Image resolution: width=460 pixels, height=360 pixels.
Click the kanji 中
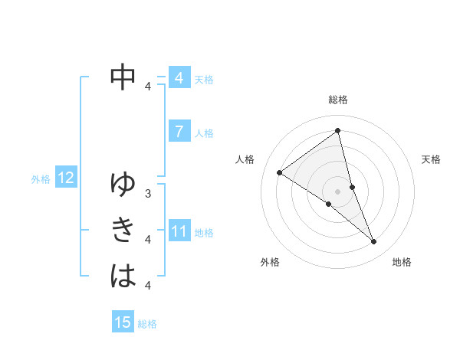click(x=123, y=76)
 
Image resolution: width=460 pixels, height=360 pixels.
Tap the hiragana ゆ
click(x=123, y=185)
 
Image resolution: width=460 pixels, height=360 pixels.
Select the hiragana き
click(x=123, y=230)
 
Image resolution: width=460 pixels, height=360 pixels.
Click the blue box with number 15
click(x=123, y=322)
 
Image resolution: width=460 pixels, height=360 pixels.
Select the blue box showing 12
click(x=66, y=178)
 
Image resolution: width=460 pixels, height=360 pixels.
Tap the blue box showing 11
click(x=179, y=231)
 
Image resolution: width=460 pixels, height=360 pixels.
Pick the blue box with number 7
click(x=179, y=131)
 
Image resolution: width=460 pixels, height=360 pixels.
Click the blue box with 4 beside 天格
click(x=179, y=78)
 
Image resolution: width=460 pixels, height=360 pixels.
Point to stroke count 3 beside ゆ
click(x=148, y=194)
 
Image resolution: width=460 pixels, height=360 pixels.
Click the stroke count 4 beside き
click(x=148, y=240)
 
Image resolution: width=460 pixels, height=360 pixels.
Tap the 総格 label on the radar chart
click(x=338, y=100)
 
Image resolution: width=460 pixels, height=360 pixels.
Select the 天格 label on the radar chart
click(x=431, y=159)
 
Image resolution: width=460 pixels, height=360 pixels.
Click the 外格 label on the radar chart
click(x=270, y=262)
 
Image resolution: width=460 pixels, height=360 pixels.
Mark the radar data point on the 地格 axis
click(x=374, y=242)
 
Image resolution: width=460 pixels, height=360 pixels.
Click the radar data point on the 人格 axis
click(x=280, y=172)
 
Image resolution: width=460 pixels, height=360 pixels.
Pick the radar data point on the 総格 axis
click(x=338, y=130)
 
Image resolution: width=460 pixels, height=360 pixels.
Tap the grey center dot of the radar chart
click(x=338, y=191)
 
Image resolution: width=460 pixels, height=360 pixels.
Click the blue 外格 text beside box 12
click(x=41, y=179)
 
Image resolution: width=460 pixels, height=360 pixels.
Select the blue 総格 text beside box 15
click(x=147, y=324)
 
